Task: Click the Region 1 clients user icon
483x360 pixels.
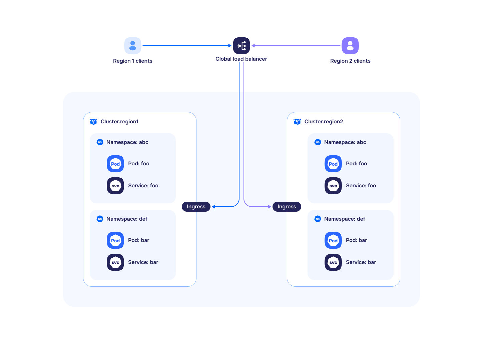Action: pos(133,46)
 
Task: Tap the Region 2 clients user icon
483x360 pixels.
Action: pos(350,46)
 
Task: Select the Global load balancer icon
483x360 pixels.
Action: pos(241,46)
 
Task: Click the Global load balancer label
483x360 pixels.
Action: pos(241,59)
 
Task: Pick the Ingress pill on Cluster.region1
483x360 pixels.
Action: pos(196,207)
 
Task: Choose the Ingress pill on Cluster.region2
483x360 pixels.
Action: pos(287,207)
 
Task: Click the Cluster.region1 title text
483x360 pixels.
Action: pos(119,122)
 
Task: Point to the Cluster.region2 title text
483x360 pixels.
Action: pos(324,122)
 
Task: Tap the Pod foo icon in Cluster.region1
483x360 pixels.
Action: pos(115,164)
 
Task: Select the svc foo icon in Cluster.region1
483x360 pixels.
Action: pos(115,186)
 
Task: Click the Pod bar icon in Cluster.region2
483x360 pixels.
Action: pos(333,240)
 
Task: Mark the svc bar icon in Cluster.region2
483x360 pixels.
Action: pos(333,262)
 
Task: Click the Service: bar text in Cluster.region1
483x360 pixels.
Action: pos(143,262)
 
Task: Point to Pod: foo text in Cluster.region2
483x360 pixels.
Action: pos(356,164)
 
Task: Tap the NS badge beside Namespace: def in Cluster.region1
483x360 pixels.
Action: pos(100,219)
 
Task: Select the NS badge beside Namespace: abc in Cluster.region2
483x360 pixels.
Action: pos(318,142)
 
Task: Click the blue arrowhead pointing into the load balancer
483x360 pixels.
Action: pos(230,46)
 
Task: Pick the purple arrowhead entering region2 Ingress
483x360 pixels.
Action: pos(270,207)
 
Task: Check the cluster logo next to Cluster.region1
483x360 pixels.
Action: pos(93,122)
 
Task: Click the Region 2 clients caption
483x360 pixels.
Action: pos(350,61)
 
